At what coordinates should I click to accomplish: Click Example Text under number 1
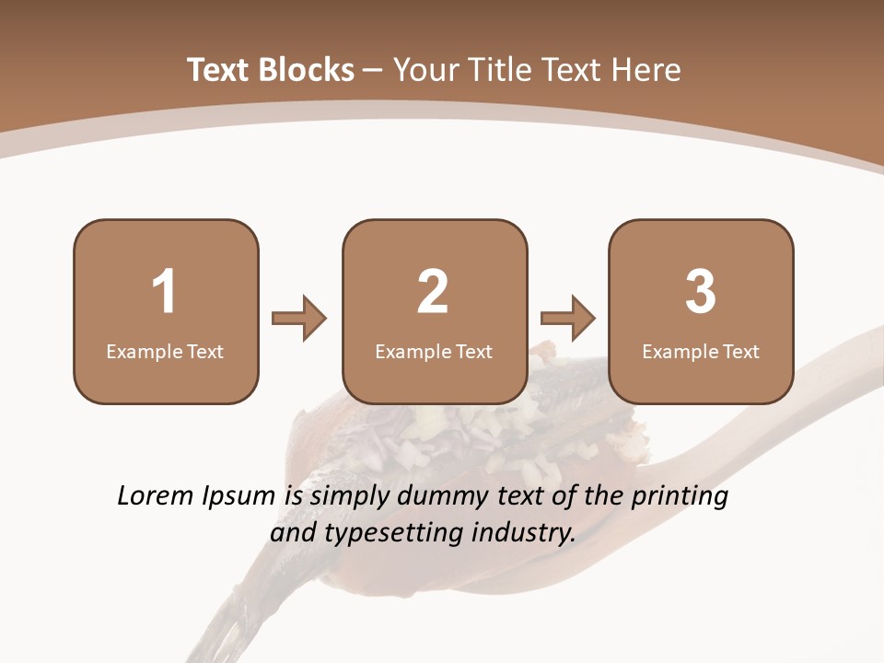point(165,351)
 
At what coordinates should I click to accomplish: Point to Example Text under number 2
point(434,351)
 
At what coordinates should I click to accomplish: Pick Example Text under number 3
point(701,351)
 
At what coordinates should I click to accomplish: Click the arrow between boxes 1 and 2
point(299,319)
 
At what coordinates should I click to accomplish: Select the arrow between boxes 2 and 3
point(568,319)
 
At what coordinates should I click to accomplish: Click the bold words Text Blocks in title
point(271,70)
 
